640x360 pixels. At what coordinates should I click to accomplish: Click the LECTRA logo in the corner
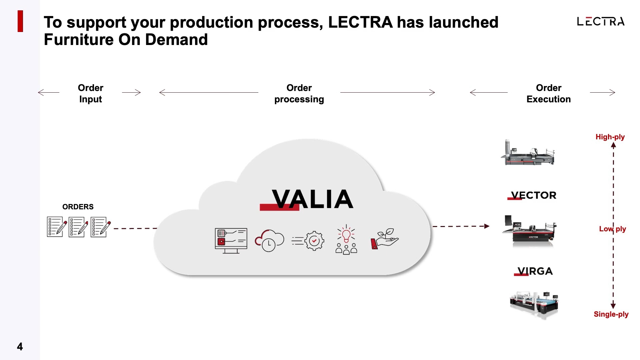tap(600, 22)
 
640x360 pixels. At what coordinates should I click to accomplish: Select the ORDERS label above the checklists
tap(78, 207)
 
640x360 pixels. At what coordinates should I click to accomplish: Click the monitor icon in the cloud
tap(231, 240)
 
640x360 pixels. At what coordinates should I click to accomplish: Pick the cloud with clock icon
tap(269, 240)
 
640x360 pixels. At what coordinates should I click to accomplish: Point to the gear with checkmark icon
tap(308, 241)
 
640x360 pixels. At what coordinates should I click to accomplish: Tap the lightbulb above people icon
tap(346, 240)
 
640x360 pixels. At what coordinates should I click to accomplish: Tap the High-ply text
tap(610, 137)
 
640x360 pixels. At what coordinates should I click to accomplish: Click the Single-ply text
tap(611, 314)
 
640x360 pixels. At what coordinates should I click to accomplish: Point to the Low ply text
tap(612, 229)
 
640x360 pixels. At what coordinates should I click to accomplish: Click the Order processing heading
tap(299, 94)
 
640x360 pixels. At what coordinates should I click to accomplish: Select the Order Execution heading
tap(548, 94)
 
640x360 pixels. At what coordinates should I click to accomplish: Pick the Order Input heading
tap(91, 94)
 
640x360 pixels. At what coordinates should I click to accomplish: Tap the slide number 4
tap(20, 347)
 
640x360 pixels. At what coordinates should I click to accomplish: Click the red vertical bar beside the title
tap(20, 21)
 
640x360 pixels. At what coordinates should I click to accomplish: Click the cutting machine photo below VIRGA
tap(534, 304)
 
